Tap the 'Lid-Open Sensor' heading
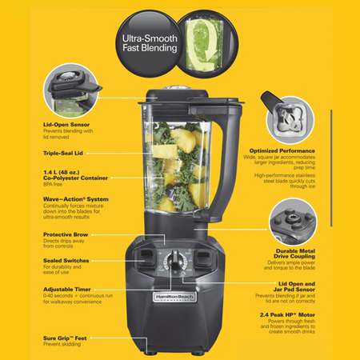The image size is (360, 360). pos(66,124)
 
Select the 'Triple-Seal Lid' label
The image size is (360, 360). pos(65,152)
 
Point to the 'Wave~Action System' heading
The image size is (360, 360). pos(75,198)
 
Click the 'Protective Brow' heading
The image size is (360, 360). pos(66,234)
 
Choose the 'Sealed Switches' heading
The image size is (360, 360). pos(65,260)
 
